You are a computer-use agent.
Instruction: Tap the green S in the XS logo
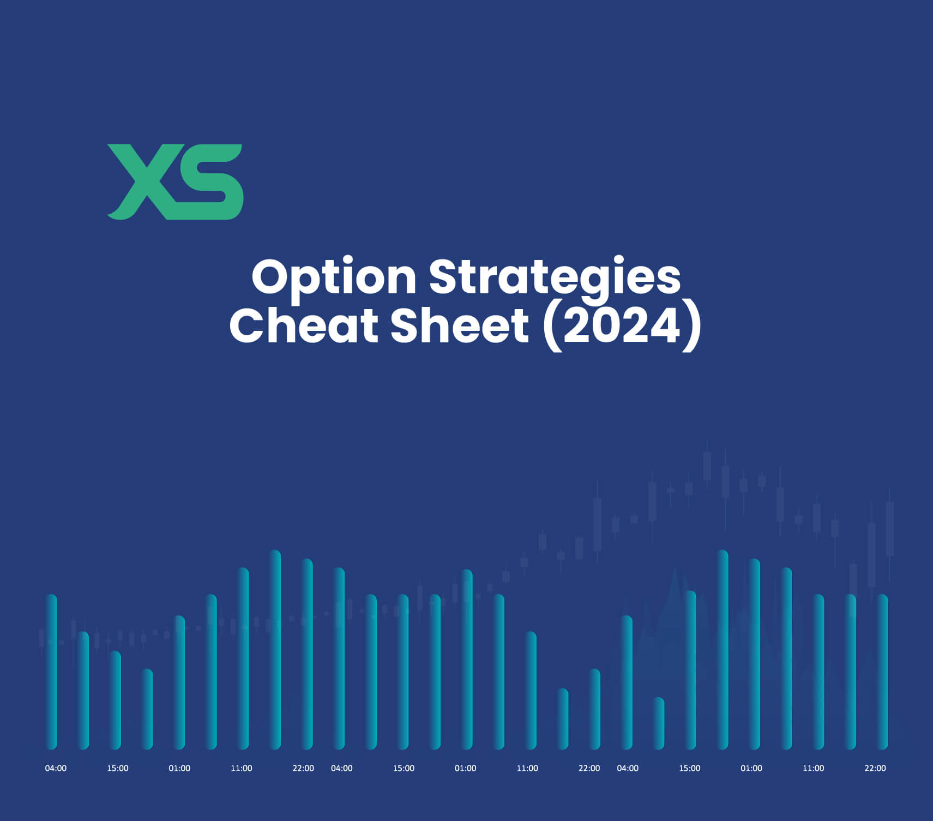[x=210, y=182]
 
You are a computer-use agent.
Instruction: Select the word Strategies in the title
[x=555, y=278]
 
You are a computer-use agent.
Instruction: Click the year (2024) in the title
[x=622, y=326]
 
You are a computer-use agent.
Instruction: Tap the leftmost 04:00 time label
[x=56, y=768]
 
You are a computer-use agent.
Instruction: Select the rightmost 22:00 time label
[x=875, y=768]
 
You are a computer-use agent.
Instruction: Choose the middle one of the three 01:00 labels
[x=465, y=768]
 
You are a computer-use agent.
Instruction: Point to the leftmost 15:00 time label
[x=118, y=768]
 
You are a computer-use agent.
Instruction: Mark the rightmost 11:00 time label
[x=813, y=768]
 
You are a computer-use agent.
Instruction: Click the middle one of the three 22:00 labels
[x=589, y=768]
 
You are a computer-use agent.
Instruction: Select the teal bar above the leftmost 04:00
[x=51, y=672]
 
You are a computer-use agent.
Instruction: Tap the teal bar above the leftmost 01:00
[x=179, y=683]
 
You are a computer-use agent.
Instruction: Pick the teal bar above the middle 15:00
[x=403, y=672]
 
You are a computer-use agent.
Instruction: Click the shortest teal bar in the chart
[x=659, y=723]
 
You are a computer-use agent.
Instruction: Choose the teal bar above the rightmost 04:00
[x=627, y=683]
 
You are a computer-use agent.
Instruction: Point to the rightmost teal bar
[x=882, y=672]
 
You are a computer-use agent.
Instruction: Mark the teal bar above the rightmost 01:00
[x=755, y=654]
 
